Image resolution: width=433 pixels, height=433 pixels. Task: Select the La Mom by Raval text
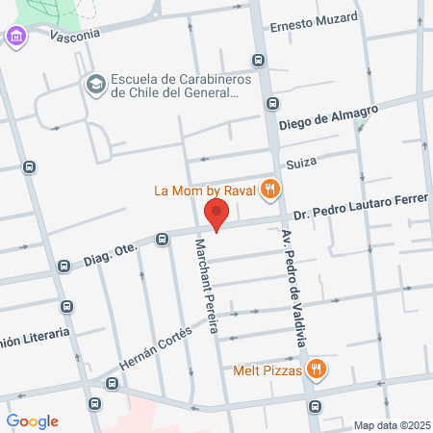point(204,190)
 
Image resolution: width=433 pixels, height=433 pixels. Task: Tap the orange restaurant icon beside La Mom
point(271,189)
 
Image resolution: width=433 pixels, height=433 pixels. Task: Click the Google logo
point(32,420)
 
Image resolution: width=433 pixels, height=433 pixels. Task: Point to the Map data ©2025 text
point(392,425)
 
